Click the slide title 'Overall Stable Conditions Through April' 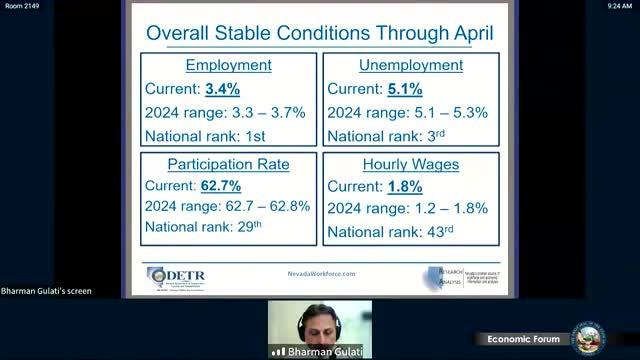319,32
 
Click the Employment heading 229,66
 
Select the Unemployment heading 410,66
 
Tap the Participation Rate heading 229,163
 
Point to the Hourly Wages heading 410,163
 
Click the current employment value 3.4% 224,89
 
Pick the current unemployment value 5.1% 404,89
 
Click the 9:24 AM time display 620,6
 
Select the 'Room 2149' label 20,6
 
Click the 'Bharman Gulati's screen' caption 46,291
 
